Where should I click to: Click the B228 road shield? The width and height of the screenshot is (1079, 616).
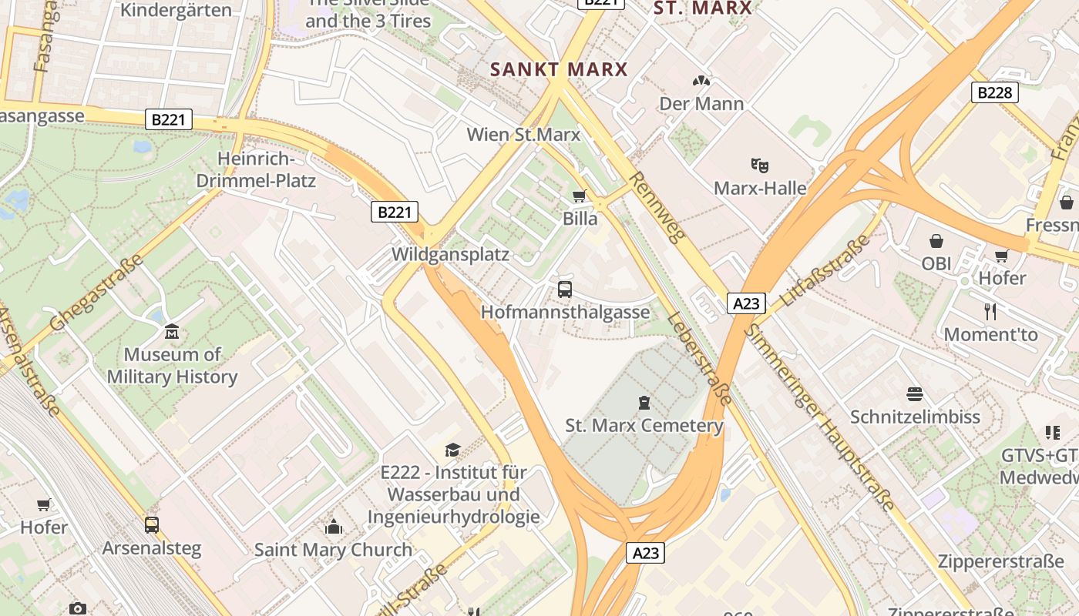point(994,92)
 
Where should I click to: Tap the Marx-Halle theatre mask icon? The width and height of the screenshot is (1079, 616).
point(759,165)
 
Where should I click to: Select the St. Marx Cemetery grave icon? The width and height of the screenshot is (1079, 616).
point(644,402)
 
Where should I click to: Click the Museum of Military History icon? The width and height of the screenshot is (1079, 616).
point(172,332)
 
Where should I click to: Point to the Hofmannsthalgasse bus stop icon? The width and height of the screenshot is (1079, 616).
point(565,290)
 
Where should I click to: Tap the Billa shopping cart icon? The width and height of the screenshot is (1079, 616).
point(580,196)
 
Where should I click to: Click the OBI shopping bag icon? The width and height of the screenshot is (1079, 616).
point(936,241)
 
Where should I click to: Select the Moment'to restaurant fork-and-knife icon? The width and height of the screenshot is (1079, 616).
point(990,312)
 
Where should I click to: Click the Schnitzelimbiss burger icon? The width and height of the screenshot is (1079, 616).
point(915,394)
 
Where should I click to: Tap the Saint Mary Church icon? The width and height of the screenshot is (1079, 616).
point(334,527)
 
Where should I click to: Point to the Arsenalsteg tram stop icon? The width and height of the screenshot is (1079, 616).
point(152,525)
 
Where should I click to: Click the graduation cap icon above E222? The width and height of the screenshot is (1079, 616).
point(453,450)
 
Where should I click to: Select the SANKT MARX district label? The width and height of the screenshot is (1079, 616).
point(559,69)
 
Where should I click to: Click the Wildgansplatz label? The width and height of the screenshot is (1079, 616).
point(450,254)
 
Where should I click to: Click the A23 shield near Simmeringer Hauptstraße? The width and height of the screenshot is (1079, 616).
point(745,303)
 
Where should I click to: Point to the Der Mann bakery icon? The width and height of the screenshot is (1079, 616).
point(701,81)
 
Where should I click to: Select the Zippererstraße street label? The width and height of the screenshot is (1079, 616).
point(1000,561)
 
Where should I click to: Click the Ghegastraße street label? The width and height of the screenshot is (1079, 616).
point(96,293)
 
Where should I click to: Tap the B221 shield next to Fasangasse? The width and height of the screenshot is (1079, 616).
point(168,119)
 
